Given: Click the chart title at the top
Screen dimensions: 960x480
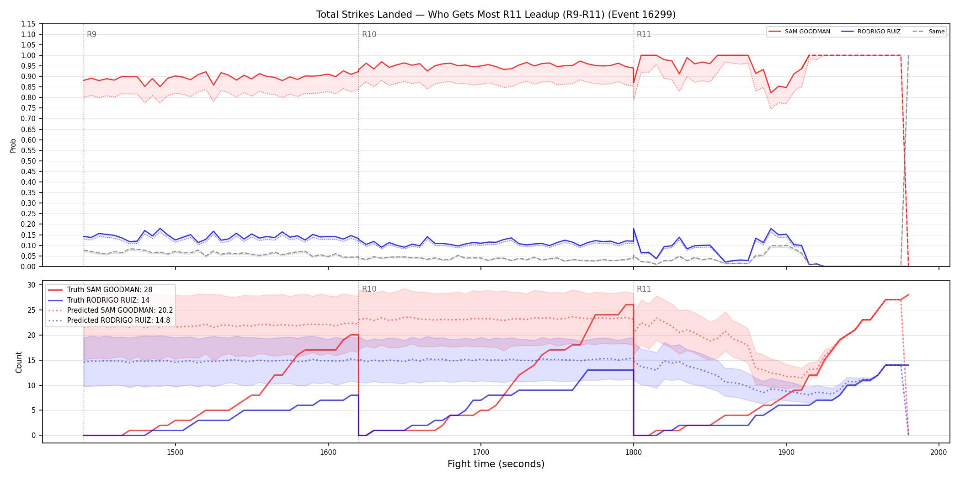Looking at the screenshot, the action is [x=496, y=15].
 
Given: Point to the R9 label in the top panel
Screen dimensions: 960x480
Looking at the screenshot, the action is [x=91, y=34].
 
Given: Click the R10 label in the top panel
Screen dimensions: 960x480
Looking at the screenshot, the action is [x=369, y=34].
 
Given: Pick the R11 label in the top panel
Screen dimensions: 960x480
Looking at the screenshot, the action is [x=644, y=34].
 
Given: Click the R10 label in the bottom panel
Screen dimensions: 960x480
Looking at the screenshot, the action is [x=369, y=289].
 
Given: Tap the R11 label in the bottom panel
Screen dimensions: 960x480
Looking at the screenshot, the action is [x=644, y=289].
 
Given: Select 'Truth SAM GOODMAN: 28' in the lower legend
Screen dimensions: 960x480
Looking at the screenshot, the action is [x=109, y=290].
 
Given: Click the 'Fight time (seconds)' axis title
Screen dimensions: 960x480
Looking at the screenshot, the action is [x=496, y=464].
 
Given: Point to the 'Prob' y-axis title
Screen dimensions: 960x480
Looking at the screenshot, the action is [x=13, y=145].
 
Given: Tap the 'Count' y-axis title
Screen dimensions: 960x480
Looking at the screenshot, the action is [x=19, y=362].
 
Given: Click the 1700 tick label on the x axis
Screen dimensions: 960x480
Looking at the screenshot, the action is [x=480, y=452].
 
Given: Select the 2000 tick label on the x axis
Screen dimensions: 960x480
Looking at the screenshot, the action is [x=939, y=452].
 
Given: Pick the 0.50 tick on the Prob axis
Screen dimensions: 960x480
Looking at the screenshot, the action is [x=28, y=161].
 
